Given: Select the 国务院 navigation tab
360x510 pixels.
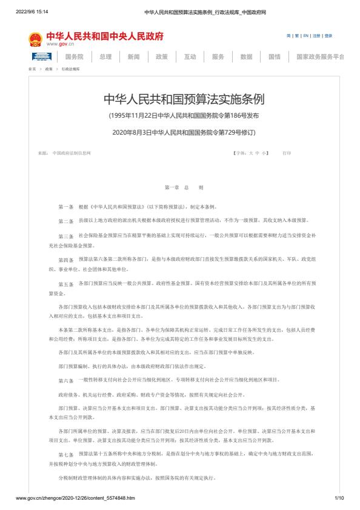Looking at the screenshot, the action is pos(74,56).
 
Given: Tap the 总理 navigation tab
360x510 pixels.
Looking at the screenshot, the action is pos(105,56).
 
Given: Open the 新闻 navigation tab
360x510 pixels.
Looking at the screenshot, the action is pos(133,56).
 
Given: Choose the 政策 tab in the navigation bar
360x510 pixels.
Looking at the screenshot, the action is pos(161,56).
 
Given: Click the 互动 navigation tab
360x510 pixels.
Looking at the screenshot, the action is pos(190,56).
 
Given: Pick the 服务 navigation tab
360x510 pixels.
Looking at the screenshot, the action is pos(218,56).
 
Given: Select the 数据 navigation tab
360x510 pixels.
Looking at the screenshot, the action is pos(246,56).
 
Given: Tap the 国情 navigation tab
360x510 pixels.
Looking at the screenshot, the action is pos(275,56).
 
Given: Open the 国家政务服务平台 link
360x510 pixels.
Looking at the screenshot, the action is pos(320,56).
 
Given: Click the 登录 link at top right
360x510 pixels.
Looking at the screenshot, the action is pos(328,36).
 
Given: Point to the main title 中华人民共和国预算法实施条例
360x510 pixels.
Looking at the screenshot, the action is pos(179,99).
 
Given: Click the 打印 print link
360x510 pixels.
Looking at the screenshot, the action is pos(286,153).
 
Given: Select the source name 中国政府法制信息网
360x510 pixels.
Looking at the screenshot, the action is pos(71,153).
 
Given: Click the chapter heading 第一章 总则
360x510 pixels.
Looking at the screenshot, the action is pos(179,189).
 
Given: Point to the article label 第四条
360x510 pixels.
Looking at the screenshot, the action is pos(65,260).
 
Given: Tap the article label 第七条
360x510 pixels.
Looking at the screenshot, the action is pos(65,454).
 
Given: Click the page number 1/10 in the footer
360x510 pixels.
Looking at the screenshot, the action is pos(339,498).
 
